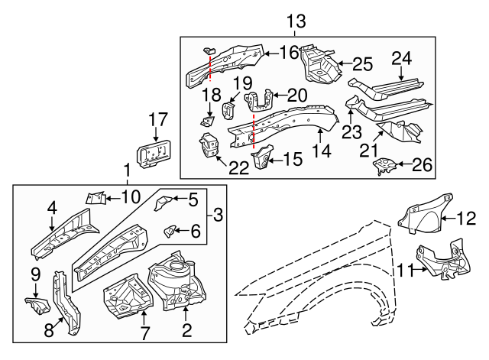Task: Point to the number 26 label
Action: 423,164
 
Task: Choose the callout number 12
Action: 466,219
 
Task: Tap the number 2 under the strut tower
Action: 184,330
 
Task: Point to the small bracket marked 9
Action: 36,306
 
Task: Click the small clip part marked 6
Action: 172,229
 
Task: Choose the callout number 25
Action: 361,63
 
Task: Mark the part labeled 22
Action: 208,146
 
